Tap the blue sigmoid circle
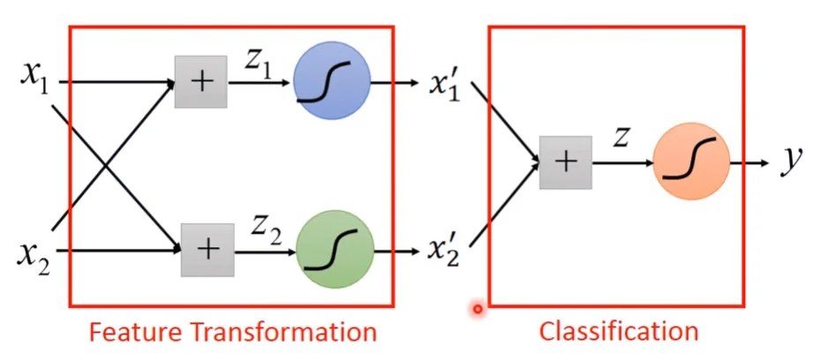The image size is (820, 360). [x=331, y=85]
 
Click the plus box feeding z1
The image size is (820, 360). [x=201, y=82]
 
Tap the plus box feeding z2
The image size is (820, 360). [x=207, y=250]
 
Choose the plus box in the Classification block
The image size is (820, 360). [x=565, y=162]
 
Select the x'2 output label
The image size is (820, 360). [x=445, y=252]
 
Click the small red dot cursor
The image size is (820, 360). [x=478, y=309]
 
